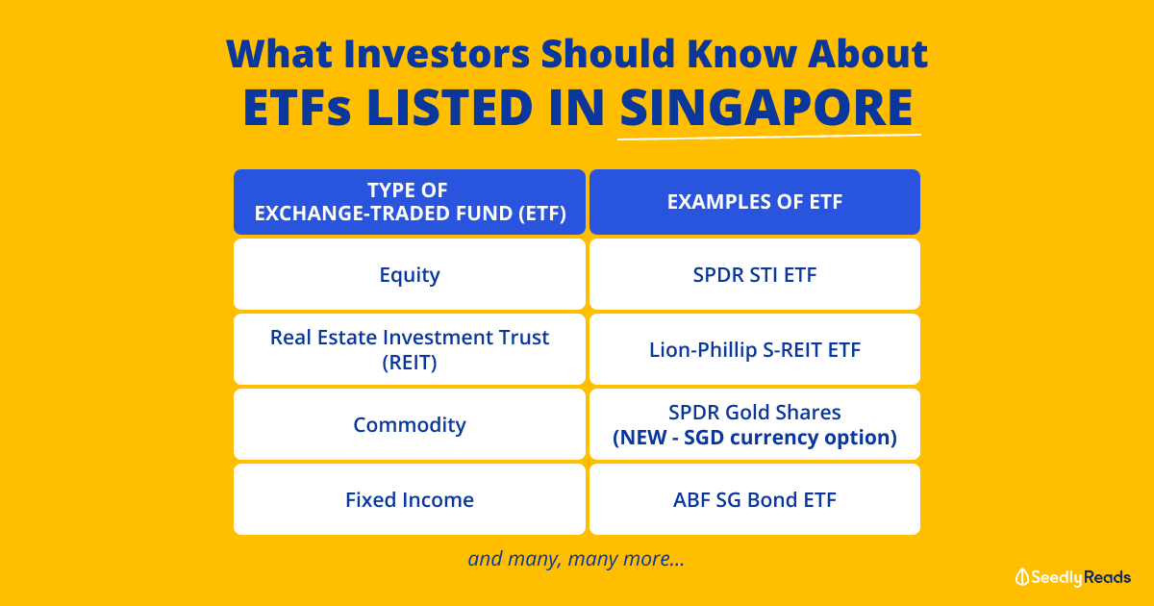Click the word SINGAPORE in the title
[x=766, y=107]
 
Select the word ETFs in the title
[x=297, y=107]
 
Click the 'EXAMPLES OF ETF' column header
[x=755, y=202]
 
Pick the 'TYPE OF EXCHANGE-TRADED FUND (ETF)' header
[x=410, y=202]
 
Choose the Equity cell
[x=410, y=274]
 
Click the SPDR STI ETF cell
[x=755, y=274]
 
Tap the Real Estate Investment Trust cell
[x=410, y=349]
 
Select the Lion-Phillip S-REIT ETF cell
[x=755, y=349]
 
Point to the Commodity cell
[x=410, y=424]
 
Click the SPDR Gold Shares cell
[x=755, y=424]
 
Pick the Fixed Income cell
[x=410, y=499]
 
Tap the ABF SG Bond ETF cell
[x=755, y=499]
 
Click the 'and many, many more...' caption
[x=576, y=559]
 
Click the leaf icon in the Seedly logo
[x=1022, y=577]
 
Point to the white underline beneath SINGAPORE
[x=769, y=137]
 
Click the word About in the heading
[x=867, y=54]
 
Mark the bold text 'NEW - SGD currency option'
[x=755, y=437]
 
